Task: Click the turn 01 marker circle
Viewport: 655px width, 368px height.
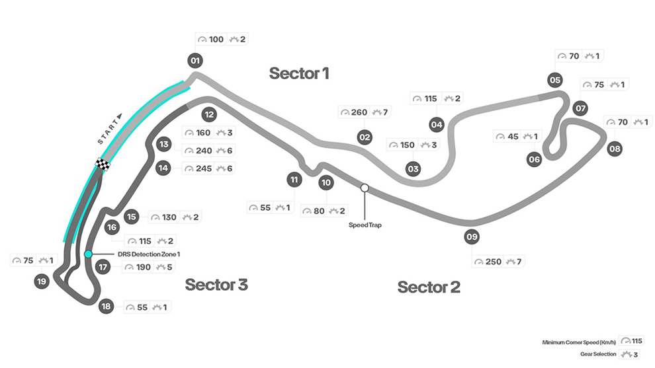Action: tap(195, 61)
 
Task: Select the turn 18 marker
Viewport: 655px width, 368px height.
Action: tap(105, 306)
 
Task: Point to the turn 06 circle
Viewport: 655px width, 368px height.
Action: tap(535, 159)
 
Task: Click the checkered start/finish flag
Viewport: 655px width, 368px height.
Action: tap(103, 164)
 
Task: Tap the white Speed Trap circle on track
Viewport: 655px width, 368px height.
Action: tap(365, 188)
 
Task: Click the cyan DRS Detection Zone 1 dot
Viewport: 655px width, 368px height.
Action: tap(88, 254)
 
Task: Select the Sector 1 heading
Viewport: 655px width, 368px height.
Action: tap(298, 73)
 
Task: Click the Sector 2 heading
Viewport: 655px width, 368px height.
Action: tap(428, 287)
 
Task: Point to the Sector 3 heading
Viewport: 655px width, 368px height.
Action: tap(216, 285)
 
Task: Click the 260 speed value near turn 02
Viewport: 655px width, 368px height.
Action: tap(359, 112)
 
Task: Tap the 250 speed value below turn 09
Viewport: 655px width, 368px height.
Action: tap(494, 262)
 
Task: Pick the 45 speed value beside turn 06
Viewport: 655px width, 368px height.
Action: tap(511, 137)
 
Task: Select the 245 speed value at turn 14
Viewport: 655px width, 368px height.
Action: tap(203, 168)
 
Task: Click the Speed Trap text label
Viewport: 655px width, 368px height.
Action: tap(365, 225)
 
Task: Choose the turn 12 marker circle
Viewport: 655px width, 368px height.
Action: tap(209, 114)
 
